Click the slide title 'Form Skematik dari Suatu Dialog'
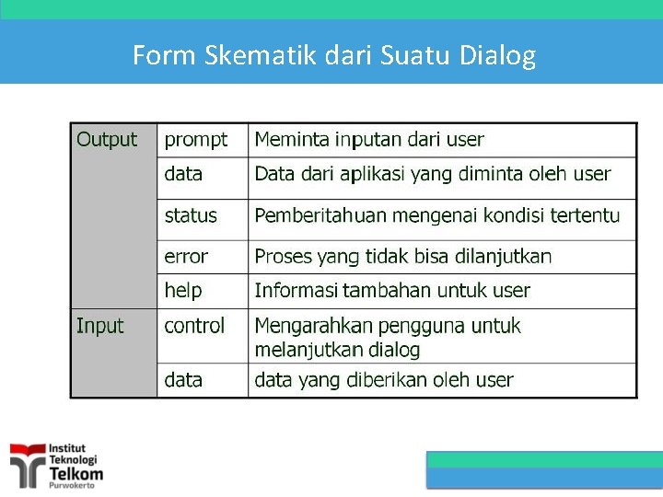tap(333, 56)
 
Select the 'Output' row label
tap(107, 140)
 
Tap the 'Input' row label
tap(100, 326)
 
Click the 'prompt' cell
tap(195, 140)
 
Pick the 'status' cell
tap(191, 215)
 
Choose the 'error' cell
tap(186, 257)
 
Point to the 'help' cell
tap(182, 291)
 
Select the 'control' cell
tap(194, 326)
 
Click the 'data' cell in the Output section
tap(183, 174)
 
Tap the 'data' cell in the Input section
tap(183, 379)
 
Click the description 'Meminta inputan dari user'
tap(368, 140)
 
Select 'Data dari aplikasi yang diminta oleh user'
tap(432, 174)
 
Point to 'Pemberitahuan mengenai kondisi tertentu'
tap(436, 215)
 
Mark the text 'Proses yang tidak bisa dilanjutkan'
tap(402, 257)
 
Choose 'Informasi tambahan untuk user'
tap(392, 291)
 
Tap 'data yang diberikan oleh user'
tap(383, 379)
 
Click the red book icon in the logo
tap(27, 462)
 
